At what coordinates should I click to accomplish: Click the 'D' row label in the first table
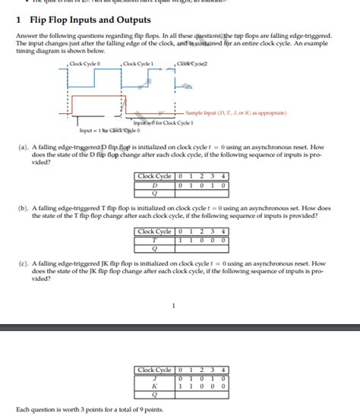(155, 184)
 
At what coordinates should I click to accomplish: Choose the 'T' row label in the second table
(155, 239)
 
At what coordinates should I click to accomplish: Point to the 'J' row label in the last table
(155, 377)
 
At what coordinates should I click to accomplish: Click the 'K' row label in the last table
(155, 386)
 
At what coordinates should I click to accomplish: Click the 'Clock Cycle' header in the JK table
(155, 370)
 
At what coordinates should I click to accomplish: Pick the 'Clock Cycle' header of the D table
(155, 177)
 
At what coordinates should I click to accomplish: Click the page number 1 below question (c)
(174, 306)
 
